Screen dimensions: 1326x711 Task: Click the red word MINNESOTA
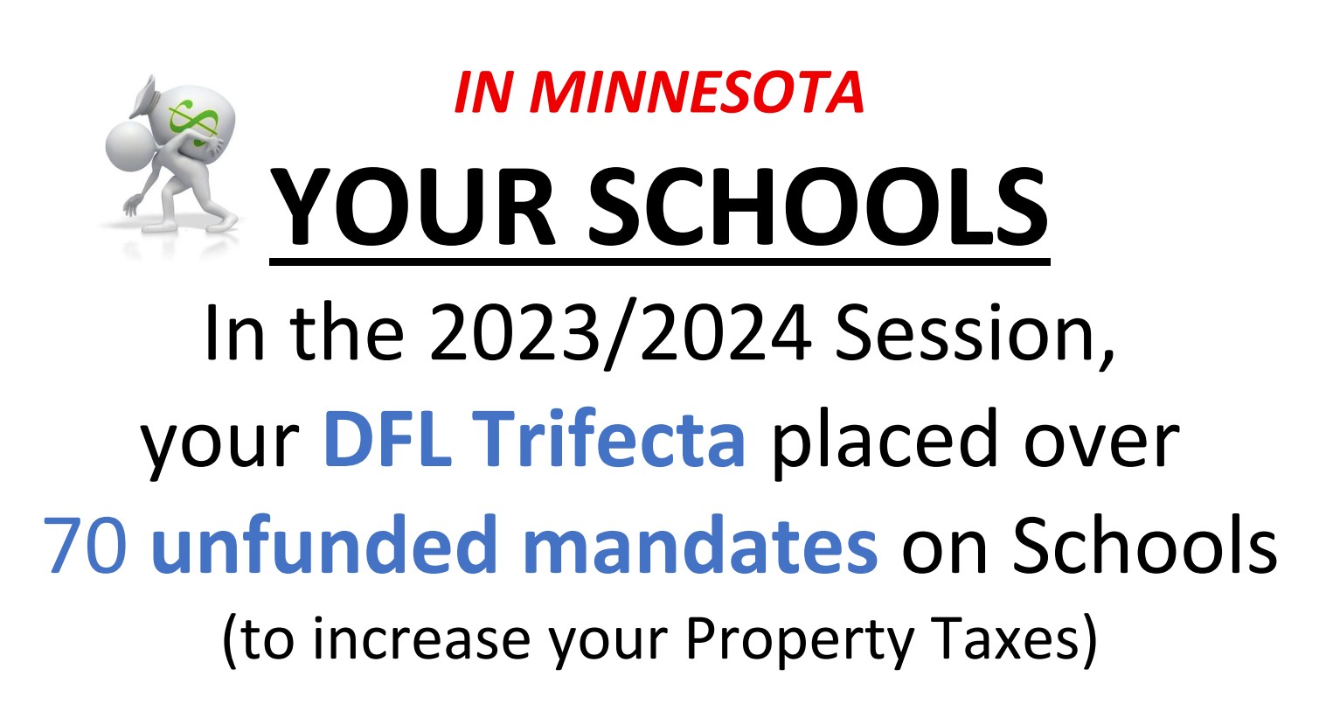tap(697, 92)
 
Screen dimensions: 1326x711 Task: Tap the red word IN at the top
tap(483, 92)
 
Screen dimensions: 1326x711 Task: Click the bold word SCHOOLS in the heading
tap(818, 206)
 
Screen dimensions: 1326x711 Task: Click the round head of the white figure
tap(127, 147)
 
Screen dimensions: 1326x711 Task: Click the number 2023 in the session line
tap(515, 333)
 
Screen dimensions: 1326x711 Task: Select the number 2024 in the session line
tap(725, 333)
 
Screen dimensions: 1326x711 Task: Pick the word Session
tap(974, 335)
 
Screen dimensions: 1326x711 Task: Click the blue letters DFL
tap(388, 439)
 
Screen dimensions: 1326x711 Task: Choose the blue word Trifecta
tap(610, 437)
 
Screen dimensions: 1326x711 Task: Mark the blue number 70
tap(86, 545)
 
